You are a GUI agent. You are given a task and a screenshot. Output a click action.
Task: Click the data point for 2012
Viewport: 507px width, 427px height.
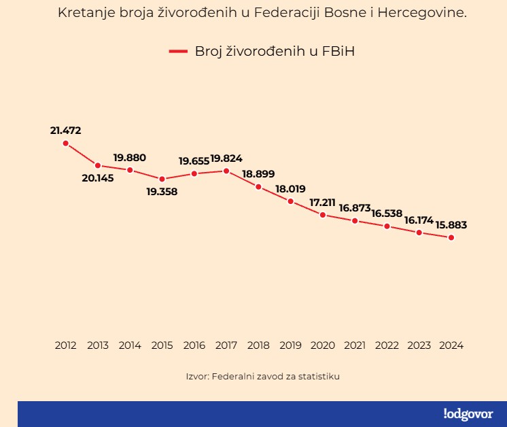(x=66, y=143)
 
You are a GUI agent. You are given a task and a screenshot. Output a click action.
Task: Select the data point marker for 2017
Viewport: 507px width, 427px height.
(x=226, y=171)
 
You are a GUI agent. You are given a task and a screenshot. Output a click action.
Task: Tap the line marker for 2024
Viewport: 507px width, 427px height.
(x=451, y=237)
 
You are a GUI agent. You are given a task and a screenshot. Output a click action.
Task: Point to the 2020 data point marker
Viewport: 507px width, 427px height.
(x=323, y=215)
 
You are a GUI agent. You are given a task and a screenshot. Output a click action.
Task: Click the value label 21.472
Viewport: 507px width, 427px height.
(x=65, y=130)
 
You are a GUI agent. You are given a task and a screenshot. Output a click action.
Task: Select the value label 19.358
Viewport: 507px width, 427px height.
(x=162, y=192)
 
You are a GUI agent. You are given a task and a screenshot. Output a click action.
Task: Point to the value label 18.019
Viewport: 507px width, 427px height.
(x=290, y=189)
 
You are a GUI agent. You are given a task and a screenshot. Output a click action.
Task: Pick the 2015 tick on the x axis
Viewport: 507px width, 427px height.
(x=162, y=345)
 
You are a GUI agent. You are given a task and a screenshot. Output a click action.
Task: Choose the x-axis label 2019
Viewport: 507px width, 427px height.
(x=290, y=345)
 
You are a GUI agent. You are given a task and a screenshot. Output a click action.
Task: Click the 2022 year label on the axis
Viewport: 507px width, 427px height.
(x=387, y=345)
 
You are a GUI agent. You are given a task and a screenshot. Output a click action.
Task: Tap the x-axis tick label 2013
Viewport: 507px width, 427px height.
(x=98, y=345)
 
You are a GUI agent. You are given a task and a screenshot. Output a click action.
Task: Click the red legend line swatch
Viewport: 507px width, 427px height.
(x=178, y=51)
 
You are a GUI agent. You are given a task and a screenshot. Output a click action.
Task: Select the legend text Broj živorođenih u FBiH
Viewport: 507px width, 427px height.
(x=275, y=51)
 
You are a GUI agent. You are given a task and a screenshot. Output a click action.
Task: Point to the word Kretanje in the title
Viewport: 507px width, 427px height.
(x=82, y=13)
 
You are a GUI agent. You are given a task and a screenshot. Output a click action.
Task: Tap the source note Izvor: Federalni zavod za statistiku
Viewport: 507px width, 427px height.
(x=262, y=376)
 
